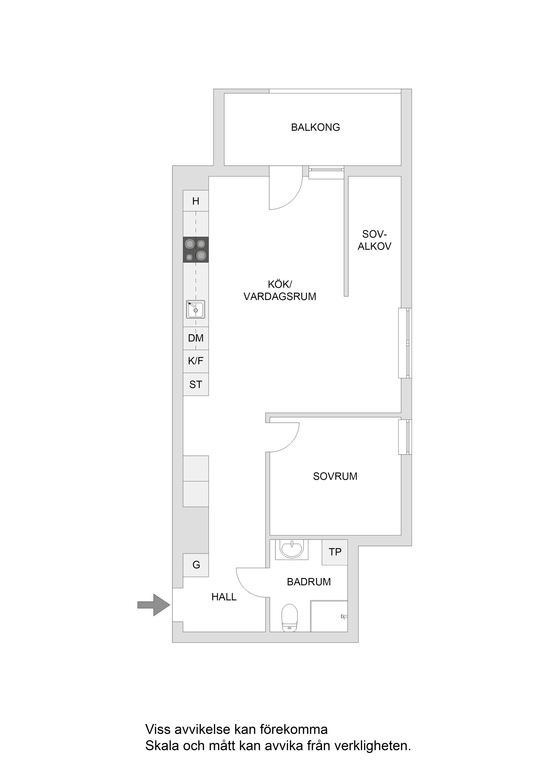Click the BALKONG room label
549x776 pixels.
[x=315, y=127]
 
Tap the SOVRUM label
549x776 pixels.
[x=335, y=476]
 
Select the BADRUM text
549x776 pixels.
[x=309, y=582]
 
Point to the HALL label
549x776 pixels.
[x=224, y=597]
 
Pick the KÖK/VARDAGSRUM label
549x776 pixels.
[x=280, y=290]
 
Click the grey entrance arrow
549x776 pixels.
[x=153, y=605]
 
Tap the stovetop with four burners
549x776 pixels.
[x=196, y=249]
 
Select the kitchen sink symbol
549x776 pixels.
[x=196, y=309]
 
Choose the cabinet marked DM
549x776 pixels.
[x=196, y=338]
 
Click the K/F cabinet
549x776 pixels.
[x=196, y=361]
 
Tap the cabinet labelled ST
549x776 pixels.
[x=196, y=384]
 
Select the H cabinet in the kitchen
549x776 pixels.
[x=196, y=201]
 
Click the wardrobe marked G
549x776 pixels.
[x=196, y=565]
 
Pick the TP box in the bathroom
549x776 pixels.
[x=335, y=552]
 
